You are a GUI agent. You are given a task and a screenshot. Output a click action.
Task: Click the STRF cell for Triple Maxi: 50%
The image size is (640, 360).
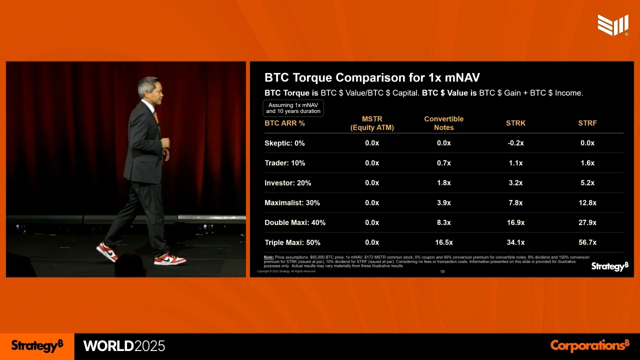(587, 242)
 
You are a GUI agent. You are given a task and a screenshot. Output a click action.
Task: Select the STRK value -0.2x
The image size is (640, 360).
(515, 143)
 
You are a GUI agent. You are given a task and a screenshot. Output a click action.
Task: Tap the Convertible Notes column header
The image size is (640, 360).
(443, 123)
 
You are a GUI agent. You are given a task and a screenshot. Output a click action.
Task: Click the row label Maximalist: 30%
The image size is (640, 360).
(292, 203)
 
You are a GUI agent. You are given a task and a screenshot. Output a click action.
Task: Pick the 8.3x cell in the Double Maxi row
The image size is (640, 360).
(443, 222)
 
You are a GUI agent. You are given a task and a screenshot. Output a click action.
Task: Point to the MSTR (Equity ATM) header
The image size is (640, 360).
(372, 123)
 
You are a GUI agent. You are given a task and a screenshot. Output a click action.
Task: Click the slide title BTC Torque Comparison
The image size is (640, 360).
(372, 77)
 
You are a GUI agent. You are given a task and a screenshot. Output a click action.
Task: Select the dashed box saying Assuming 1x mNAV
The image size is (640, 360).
(293, 108)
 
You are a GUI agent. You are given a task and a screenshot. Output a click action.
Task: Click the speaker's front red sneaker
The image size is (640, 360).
(170, 259)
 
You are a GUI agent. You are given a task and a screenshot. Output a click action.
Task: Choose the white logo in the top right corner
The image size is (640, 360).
(613, 25)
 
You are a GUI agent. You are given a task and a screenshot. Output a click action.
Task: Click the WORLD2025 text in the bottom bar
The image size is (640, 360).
(124, 346)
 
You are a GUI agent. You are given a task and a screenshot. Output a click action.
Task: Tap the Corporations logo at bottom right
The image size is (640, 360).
(589, 345)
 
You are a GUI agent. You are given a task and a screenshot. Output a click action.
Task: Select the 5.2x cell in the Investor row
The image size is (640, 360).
(587, 183)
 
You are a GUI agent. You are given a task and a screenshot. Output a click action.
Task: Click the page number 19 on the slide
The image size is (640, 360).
(442, 272)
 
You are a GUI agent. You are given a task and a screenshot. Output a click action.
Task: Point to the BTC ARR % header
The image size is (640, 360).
(284, 123)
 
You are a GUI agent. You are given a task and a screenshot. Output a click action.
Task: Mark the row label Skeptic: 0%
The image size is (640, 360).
(284, 143)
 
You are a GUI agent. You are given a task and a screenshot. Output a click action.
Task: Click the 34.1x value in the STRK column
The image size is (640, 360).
(515, 242)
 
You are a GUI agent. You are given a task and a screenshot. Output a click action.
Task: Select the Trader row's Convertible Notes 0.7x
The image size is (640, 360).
(443, 163)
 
